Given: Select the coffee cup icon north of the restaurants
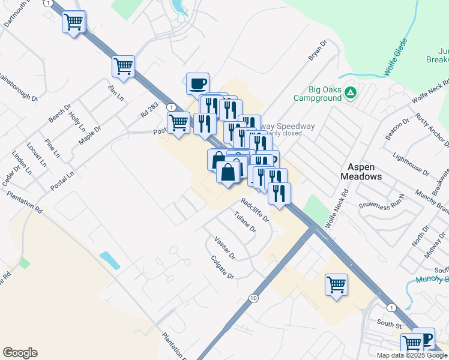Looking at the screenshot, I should pyautogui.click(x=197, y=84).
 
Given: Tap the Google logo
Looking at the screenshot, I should pyautogui.click(x=20, y=353).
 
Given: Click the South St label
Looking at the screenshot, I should pyautogui.click(x=389, y=325).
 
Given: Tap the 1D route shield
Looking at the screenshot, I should pyautogui.click(x=255, y=298).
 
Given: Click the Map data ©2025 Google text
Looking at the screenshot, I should pyautogui.click(x=412, y=355).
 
